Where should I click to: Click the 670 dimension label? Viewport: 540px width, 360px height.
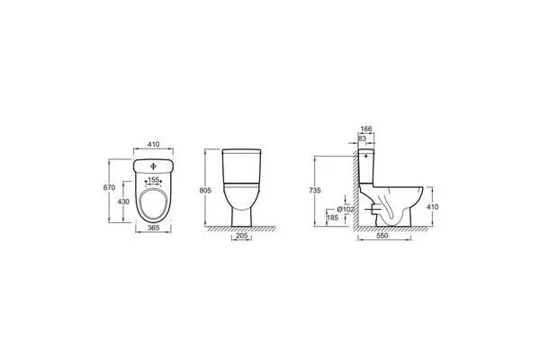tap(109, 188)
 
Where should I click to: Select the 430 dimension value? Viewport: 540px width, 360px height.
tap(123, 202)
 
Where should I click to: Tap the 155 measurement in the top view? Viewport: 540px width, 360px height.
tap(153, 180)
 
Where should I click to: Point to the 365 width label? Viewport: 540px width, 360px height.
tap(153, 228)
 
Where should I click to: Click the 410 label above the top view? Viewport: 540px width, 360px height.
tap(154, 144)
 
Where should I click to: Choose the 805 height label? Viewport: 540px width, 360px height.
tap(205, 191)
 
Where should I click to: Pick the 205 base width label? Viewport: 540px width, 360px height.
tap(241, 236)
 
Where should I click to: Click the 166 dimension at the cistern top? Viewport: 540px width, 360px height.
tap(366, 129)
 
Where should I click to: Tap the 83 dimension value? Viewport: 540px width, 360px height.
tap(362, 138)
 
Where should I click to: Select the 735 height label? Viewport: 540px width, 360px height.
tap(315, 191)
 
